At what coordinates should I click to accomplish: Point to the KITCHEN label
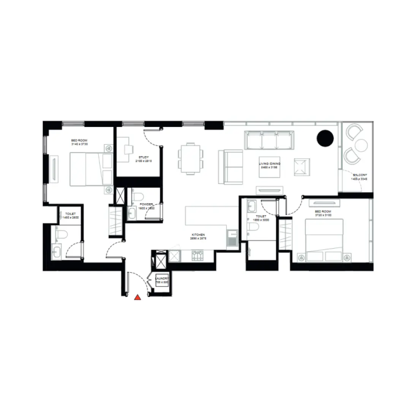tap(198, 235)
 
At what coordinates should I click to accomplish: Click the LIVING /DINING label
tap(270, 163)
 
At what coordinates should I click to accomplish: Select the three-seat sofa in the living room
tap(270, 140)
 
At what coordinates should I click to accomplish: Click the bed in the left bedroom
tap(91, 169)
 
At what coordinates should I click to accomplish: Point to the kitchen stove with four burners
tap(198, 256)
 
